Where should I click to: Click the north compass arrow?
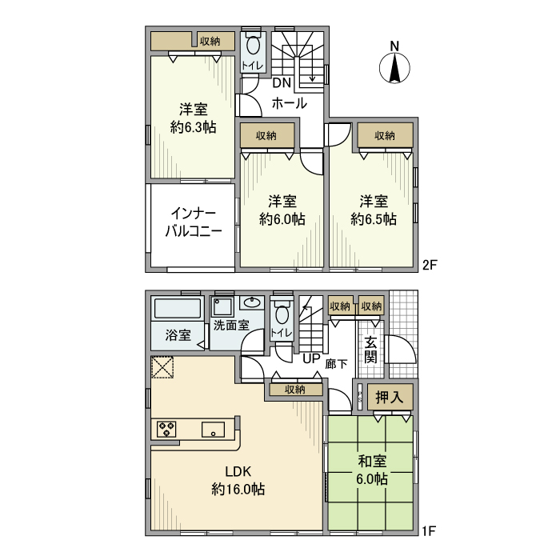(x=394, y=66)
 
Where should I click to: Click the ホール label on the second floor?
(x=289, y=103)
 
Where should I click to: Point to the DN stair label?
(x=282, y=83)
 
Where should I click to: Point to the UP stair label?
(x=310, y=358)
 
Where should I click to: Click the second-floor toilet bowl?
(x=254, y=46)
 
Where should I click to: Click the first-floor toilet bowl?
(x=280, y=312)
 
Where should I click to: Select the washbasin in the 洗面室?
(x=251, y=302)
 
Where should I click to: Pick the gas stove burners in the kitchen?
(x=167, y=428)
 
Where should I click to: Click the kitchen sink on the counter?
(x=214, y=428)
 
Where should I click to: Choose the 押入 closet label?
(x=389, y=398)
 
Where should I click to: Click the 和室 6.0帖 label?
(x=372, y=470)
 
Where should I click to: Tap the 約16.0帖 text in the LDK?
(x=238, y=489)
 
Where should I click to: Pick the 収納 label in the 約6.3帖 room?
(x=211, y=41)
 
